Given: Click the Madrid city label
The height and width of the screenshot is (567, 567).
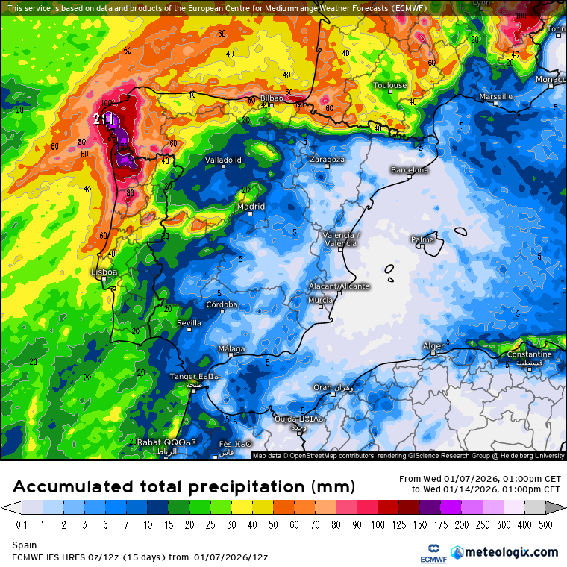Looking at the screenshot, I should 251,207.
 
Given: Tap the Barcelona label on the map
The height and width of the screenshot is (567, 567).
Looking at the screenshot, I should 410,170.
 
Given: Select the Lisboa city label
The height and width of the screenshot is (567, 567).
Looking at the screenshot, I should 104,272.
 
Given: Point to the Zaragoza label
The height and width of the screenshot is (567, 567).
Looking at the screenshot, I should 327,160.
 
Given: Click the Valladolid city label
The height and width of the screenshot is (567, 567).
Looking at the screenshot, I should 223,160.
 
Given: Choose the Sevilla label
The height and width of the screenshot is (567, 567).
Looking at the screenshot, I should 189,323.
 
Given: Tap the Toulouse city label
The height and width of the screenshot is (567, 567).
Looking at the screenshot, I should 390,85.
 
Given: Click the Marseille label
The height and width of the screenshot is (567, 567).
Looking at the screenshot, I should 496,97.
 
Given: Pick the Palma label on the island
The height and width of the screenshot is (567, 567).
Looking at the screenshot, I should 422,239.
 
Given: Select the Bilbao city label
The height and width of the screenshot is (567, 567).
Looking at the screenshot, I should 272,98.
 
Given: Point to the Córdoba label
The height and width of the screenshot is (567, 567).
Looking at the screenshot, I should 222,304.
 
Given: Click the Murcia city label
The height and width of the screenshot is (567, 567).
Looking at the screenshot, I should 320,300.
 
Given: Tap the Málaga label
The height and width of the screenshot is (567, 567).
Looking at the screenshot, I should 231,349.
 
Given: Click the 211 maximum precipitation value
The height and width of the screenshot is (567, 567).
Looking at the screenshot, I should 104,119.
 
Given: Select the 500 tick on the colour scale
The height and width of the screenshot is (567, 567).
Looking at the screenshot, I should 546,525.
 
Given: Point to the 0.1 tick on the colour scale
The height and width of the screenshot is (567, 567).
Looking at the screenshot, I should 22,525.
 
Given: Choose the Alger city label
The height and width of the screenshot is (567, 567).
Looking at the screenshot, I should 433,345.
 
